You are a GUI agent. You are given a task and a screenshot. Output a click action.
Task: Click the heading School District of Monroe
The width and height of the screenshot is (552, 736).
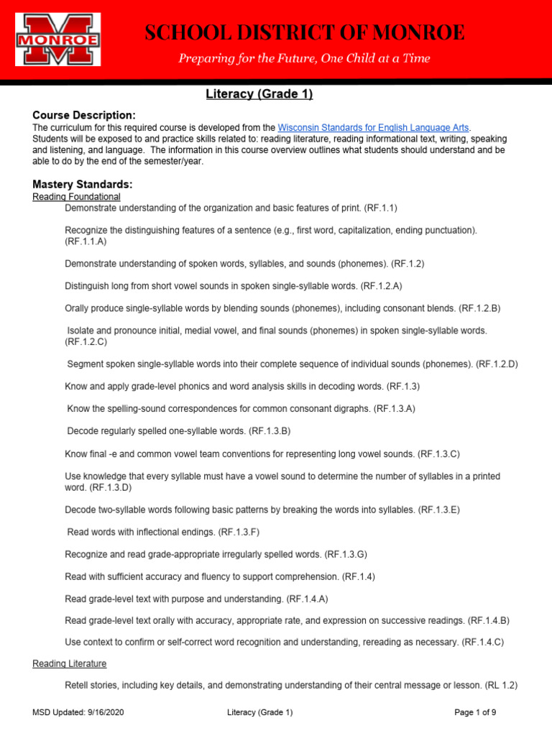point(305,32)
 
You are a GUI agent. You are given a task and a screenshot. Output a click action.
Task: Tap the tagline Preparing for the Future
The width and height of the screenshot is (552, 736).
point(305,59)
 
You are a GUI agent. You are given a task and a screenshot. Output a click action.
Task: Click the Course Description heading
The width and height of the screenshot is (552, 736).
point(83,115)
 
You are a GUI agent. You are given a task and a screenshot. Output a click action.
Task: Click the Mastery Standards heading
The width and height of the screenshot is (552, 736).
point(82,184)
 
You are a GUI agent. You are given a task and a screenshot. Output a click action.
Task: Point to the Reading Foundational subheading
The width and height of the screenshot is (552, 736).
point(76,196)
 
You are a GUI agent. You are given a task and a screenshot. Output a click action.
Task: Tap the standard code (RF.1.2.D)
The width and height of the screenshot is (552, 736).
point(497,364)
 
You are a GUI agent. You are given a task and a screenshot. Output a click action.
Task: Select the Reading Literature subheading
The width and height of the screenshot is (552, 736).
point(70,663)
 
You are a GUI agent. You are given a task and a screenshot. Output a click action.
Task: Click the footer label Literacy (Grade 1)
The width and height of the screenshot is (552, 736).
point(259,712)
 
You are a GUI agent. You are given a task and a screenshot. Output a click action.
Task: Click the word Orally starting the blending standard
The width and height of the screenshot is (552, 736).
point(79,308)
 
